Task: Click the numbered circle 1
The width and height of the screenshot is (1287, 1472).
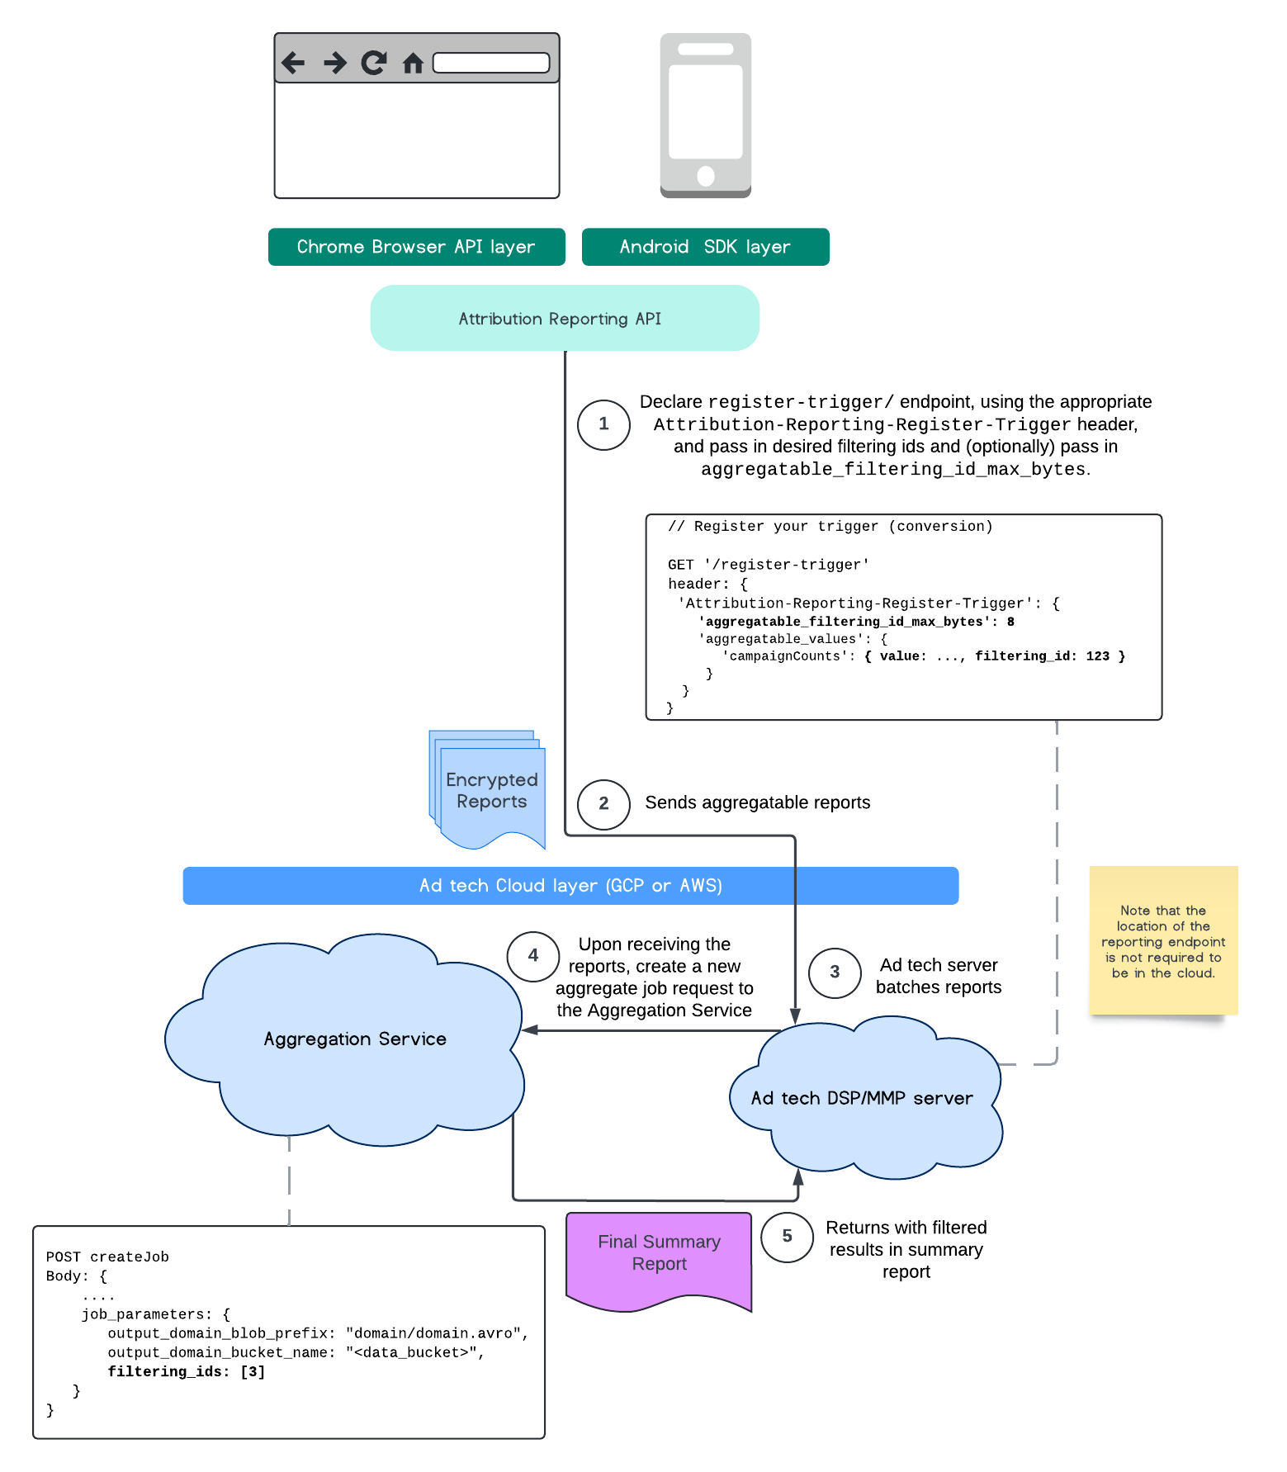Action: pos(603,424)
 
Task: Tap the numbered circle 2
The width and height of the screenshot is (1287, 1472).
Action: pos(603,804)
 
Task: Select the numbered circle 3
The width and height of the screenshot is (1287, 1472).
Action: pos(835,973)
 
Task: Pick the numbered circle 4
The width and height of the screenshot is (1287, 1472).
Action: pos(533,956)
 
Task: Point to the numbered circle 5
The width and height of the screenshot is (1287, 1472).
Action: pos(787,1237)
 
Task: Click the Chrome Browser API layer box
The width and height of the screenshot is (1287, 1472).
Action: pos(417,247)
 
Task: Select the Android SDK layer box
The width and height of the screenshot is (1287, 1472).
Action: pos(705,247)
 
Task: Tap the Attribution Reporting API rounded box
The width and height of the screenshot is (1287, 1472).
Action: pos(565,319)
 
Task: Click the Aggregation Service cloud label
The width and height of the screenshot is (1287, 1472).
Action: pos(355,1039)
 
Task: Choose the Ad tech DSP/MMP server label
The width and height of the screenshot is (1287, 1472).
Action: pos(862,1099)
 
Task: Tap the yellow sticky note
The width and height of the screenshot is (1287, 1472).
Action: pos(1163,941)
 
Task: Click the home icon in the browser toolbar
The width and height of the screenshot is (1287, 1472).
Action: pos(413,63)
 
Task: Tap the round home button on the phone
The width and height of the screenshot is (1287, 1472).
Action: pos(706,175)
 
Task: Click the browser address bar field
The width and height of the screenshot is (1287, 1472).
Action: pos(491,63)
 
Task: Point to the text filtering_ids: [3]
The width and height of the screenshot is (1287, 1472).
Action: pos(187,1372)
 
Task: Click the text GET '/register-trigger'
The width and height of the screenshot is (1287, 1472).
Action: pos(768,566)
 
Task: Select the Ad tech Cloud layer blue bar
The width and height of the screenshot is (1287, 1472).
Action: pos(570,886)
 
